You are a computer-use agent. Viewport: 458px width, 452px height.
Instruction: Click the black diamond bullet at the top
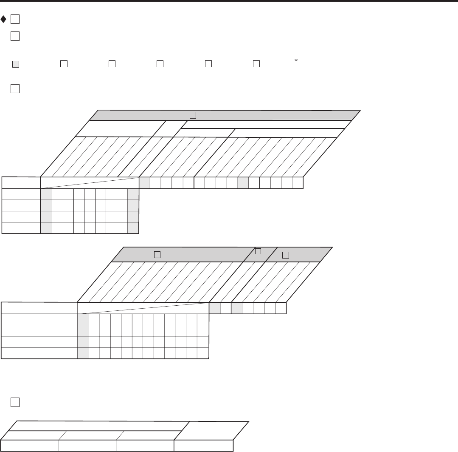(x=4, y=20)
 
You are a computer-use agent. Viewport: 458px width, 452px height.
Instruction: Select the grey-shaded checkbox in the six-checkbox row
(x=16, y=64)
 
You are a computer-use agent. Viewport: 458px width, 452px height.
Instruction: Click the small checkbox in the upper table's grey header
(x=193, y=115)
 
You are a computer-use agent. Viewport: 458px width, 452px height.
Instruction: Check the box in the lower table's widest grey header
(x=157, y=254)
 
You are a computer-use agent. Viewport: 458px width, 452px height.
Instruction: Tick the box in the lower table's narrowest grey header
(x=258, y=251)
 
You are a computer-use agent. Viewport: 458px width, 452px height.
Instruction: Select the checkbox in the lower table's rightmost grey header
(x=285, y=255)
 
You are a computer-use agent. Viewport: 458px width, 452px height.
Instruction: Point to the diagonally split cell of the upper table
(x=90, y=182)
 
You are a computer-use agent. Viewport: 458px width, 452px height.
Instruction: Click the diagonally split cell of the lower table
(x=143, y=308)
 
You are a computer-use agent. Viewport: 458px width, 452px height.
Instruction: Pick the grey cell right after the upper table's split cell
(x=145, y=182)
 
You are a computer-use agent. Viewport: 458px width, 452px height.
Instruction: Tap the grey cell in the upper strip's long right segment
(x=243, y=182)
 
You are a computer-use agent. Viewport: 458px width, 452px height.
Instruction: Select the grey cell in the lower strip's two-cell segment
(x=215, y=308)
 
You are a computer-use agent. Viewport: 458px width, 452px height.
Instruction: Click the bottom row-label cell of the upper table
(x=21, y=228)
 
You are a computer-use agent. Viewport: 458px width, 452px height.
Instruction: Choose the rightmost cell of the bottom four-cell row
(x=204, y=446)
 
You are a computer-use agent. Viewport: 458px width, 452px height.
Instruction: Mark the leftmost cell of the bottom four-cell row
(x=30, y=446)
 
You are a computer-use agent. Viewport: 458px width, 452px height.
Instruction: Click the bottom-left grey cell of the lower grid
(x=83, y=353)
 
